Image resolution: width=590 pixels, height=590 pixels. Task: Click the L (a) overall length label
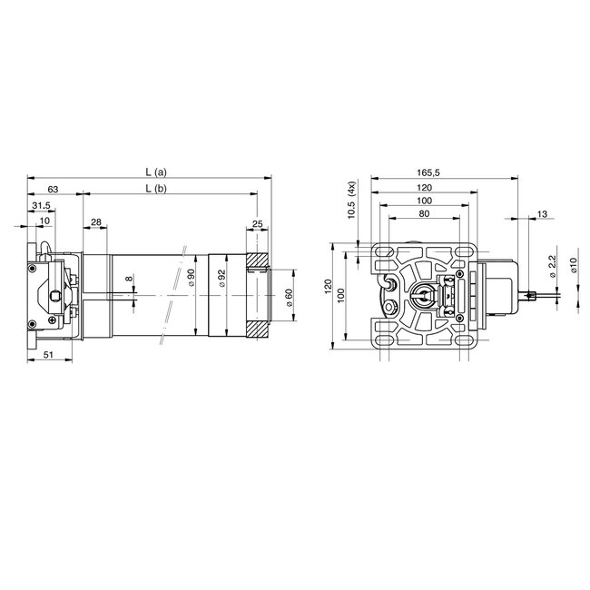pos(155,172)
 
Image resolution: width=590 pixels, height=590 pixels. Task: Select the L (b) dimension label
pos(155,189)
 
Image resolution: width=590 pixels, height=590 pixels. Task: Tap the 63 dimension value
pos(54,189)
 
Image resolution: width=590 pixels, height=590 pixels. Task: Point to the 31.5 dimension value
pos(42,206)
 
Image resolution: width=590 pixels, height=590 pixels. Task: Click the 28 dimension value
pos(96,222)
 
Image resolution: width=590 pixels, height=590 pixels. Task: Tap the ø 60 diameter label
pos(288,298)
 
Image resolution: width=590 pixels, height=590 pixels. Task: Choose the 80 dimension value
pos(425,212)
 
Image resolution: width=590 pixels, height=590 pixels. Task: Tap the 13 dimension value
pos(542,213)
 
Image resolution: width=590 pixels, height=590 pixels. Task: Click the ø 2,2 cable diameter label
pos(552,268)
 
